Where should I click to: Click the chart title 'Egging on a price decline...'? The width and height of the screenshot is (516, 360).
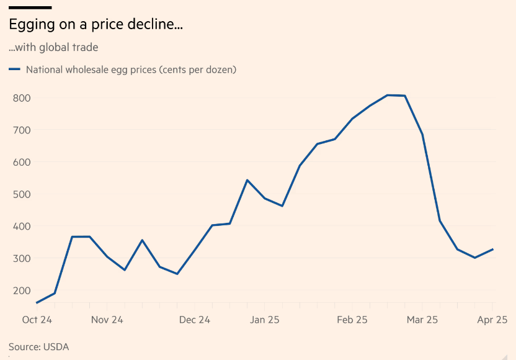(x=96, y=25)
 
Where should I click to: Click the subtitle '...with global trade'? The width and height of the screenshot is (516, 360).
(x=53, y=47)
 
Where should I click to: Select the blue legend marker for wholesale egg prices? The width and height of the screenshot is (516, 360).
(x=14, y=70)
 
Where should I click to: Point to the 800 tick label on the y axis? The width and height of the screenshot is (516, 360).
(x=22, y=98)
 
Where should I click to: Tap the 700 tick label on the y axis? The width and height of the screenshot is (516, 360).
(x=22, y=130)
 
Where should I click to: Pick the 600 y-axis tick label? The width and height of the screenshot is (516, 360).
(x=22, y=162)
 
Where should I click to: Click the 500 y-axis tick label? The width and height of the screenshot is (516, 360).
(x=22, y=194)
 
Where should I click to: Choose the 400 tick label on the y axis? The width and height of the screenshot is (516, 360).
(x=22, y=227)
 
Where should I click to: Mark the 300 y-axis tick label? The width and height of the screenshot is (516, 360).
(x=22, y=258)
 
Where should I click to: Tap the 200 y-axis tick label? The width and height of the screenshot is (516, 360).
(x=22, y=290)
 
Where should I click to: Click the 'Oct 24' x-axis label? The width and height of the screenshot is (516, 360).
(x=37, y=320)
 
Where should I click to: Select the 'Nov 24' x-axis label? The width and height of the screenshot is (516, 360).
(x=107, y=320)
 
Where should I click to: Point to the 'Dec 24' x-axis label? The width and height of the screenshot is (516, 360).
(x=194, y=320)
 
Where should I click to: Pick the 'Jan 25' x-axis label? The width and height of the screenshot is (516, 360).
(x=265, y=320)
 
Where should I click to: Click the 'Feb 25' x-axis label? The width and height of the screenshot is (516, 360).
(x=352, y=320)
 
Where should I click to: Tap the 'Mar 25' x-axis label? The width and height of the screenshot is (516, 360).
(x=422, y=320)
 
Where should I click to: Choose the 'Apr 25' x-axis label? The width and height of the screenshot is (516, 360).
(x=492, y=320)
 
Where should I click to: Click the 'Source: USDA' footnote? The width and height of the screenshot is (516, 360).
(x=38, y=347)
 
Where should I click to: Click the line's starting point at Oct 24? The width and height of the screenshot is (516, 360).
(x=37, y=303)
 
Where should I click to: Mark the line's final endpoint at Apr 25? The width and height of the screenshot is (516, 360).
(x=492, y=250)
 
